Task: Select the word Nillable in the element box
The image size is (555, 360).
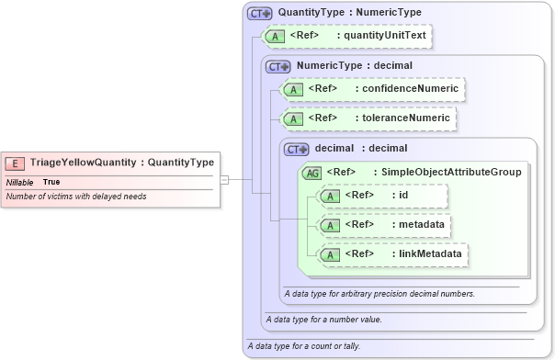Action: tap(20, 182)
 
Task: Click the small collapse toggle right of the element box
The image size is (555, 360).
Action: tap(225, 180)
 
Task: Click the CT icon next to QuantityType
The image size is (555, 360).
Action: tap(260, 15)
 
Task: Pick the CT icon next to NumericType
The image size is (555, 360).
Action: tap(278, 66)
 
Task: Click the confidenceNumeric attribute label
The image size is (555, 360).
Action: tap(410, 88)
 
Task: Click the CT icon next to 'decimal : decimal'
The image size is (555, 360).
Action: tap(297, 148)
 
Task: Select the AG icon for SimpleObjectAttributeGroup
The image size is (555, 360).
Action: tap(312, 172)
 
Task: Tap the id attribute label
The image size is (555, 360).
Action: tap(402, 195)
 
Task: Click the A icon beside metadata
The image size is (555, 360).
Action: tap(328, 225)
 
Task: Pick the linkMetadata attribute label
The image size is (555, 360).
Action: tap(426, 253)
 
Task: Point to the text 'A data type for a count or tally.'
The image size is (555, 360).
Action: tap(303, 346)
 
